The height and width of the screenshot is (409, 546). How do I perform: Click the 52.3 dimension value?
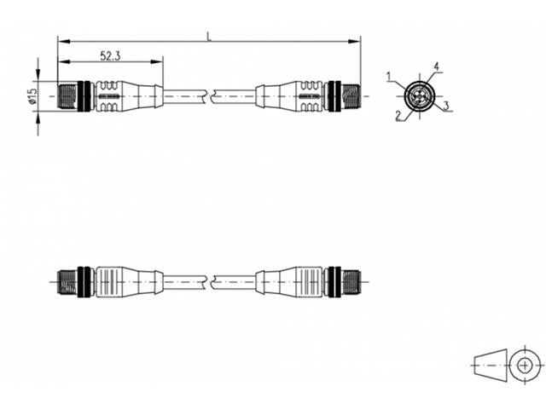pos(110,55)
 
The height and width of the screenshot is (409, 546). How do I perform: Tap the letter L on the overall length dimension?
pos(209,37)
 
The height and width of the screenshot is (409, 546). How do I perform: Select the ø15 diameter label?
pos(32,96)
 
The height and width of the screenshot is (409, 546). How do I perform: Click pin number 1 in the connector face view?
pos(389,77)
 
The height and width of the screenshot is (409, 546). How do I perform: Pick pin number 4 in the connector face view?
pos(436,66)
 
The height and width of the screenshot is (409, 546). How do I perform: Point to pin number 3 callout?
pos(446,106)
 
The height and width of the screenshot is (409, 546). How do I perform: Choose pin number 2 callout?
pos(398,116)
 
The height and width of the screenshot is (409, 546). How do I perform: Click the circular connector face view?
pos(419,96)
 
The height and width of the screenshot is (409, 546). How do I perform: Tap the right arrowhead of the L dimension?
pos(355,42)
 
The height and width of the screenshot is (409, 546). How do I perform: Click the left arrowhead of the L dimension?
pos(64,42)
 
